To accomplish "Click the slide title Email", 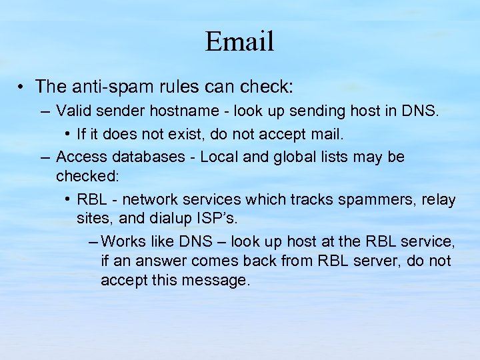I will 239,41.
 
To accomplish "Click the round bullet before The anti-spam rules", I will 23,87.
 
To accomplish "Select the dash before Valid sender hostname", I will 45,111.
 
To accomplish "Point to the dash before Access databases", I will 45,157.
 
